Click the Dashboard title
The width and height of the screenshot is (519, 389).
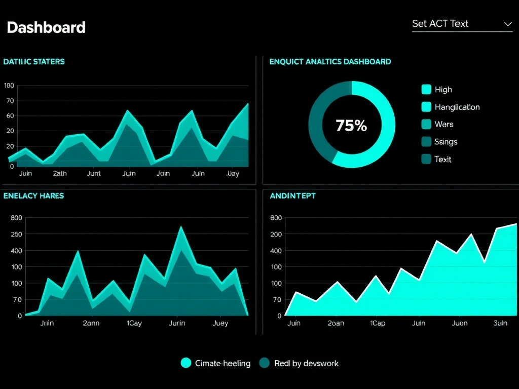46,27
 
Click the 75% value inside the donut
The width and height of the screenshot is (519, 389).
351,125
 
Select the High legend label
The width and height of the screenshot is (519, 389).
443,90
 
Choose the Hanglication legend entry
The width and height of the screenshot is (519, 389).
457,107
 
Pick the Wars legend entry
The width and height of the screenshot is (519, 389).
443,124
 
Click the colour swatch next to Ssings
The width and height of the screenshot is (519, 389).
426,142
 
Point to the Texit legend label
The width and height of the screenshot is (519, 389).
442,159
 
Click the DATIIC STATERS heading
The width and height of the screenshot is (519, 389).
34,62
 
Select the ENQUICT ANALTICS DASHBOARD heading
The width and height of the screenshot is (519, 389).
330,62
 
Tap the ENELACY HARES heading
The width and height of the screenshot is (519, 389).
33,196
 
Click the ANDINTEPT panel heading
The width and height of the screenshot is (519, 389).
292,196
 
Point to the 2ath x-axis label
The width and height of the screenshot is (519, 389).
60,173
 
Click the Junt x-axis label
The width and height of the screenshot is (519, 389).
94,173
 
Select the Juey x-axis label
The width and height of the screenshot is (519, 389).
220,323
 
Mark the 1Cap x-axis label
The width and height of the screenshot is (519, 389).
378,323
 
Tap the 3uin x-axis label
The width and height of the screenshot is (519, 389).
500,323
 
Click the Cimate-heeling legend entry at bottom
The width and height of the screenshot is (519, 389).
223,363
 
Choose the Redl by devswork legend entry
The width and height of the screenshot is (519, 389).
306,363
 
